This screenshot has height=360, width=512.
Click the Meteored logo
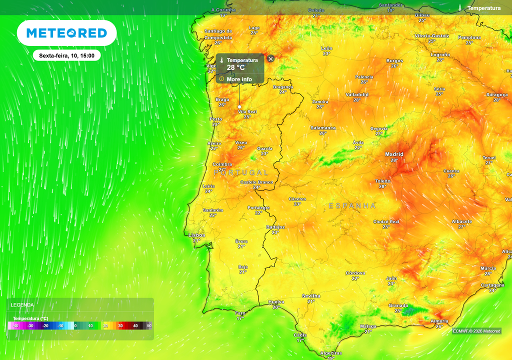tap(66, 33)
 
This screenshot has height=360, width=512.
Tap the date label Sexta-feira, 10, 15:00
tap(67, 55)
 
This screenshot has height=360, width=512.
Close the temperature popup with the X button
tap(270, 59)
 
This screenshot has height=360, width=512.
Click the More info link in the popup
tap(239, 79)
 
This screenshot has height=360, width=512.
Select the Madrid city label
tap(394, 154)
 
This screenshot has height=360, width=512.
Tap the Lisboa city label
tap(196, 234)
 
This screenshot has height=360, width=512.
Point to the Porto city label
tap(216, 119)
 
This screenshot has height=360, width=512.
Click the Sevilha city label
tap(311, 296)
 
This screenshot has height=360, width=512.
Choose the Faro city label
tap(240, 313)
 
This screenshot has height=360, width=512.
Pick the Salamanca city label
tap(323, 127)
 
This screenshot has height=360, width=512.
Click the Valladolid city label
tap(357, 94)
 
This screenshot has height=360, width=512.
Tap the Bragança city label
tap(283, 86)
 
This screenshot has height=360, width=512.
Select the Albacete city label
tap(461, 221)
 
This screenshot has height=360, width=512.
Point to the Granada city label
tap(398, 305)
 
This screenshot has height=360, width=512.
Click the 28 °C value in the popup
tap(236, 67)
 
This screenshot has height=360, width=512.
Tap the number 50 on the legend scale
tap(149, 325)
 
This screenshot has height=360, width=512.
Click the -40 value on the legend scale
tap(15, 325)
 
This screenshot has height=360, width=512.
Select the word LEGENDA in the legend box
tap(22, 304)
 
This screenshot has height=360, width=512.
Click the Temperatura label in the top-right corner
tap(483, 8)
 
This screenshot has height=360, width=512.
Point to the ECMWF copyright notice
tap(476, 331)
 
